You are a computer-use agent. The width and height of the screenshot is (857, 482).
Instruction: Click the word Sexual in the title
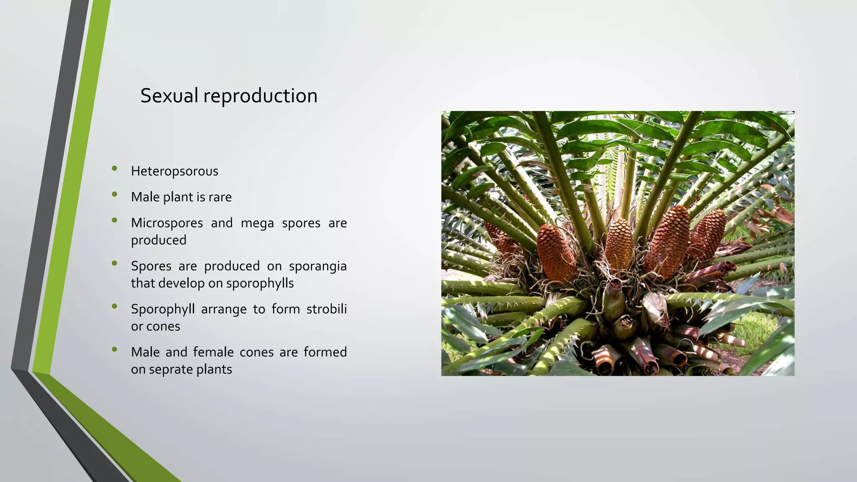(x=169, y=96)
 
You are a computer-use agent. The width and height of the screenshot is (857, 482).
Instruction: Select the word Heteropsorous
(x=174, y=172)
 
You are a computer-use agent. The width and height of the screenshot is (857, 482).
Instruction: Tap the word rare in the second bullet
(x=220, y=197)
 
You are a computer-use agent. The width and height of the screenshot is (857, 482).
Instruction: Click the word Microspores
(x=167, y=223)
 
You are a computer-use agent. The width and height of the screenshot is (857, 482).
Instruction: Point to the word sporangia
(x=318, y=266)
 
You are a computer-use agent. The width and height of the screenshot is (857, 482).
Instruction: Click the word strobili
(x=326, y=309)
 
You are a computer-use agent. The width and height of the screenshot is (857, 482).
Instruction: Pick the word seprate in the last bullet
(x=169, y=370)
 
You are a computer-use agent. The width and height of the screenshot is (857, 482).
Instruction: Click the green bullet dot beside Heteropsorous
(x=115, y=169)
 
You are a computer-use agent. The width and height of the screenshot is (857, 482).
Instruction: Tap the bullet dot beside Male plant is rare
(x=115, y=194)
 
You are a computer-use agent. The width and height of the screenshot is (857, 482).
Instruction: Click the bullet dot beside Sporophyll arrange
(x=115, y=306)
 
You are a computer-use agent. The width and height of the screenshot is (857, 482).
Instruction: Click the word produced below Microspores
(x=159, y=240)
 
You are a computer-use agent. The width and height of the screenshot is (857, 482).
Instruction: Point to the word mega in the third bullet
(x=257, y=223)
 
